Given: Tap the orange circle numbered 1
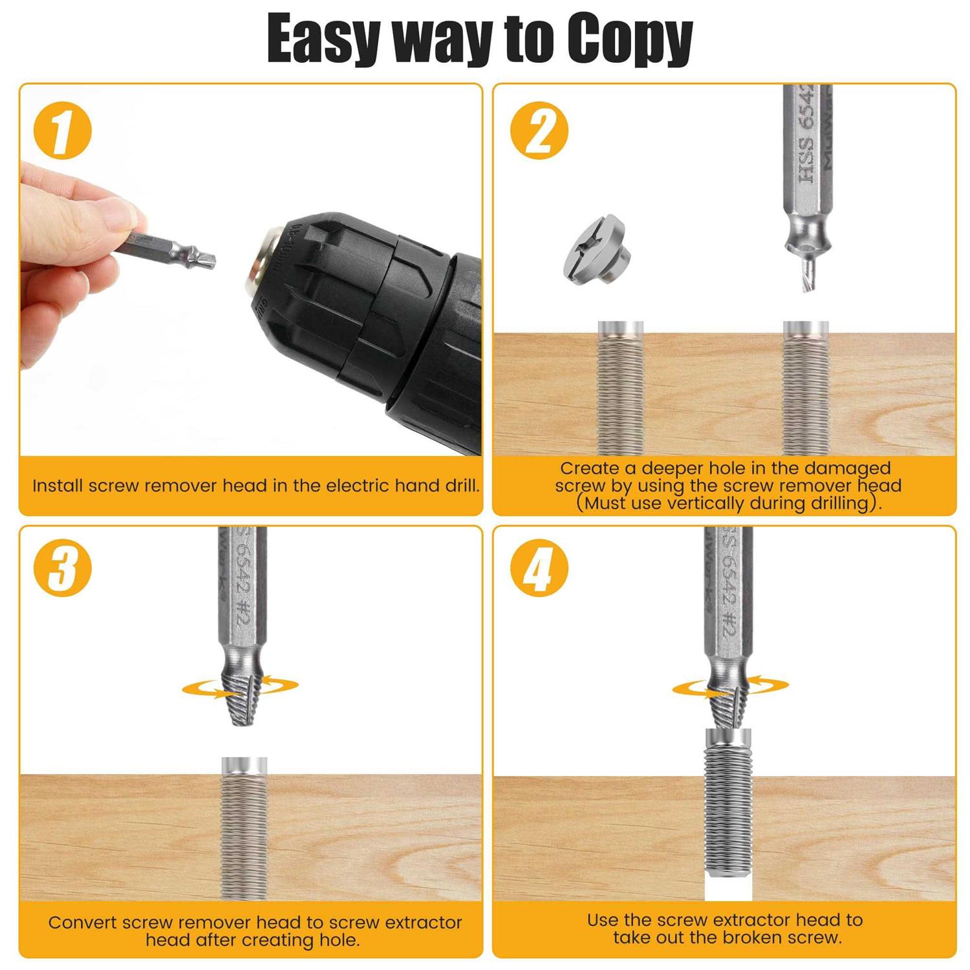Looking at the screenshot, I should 63,131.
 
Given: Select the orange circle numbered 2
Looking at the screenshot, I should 539,131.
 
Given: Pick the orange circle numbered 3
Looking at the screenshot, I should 63,568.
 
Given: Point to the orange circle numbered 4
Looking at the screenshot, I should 539,568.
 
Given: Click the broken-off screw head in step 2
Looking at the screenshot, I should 594,249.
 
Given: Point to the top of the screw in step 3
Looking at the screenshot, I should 244,765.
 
